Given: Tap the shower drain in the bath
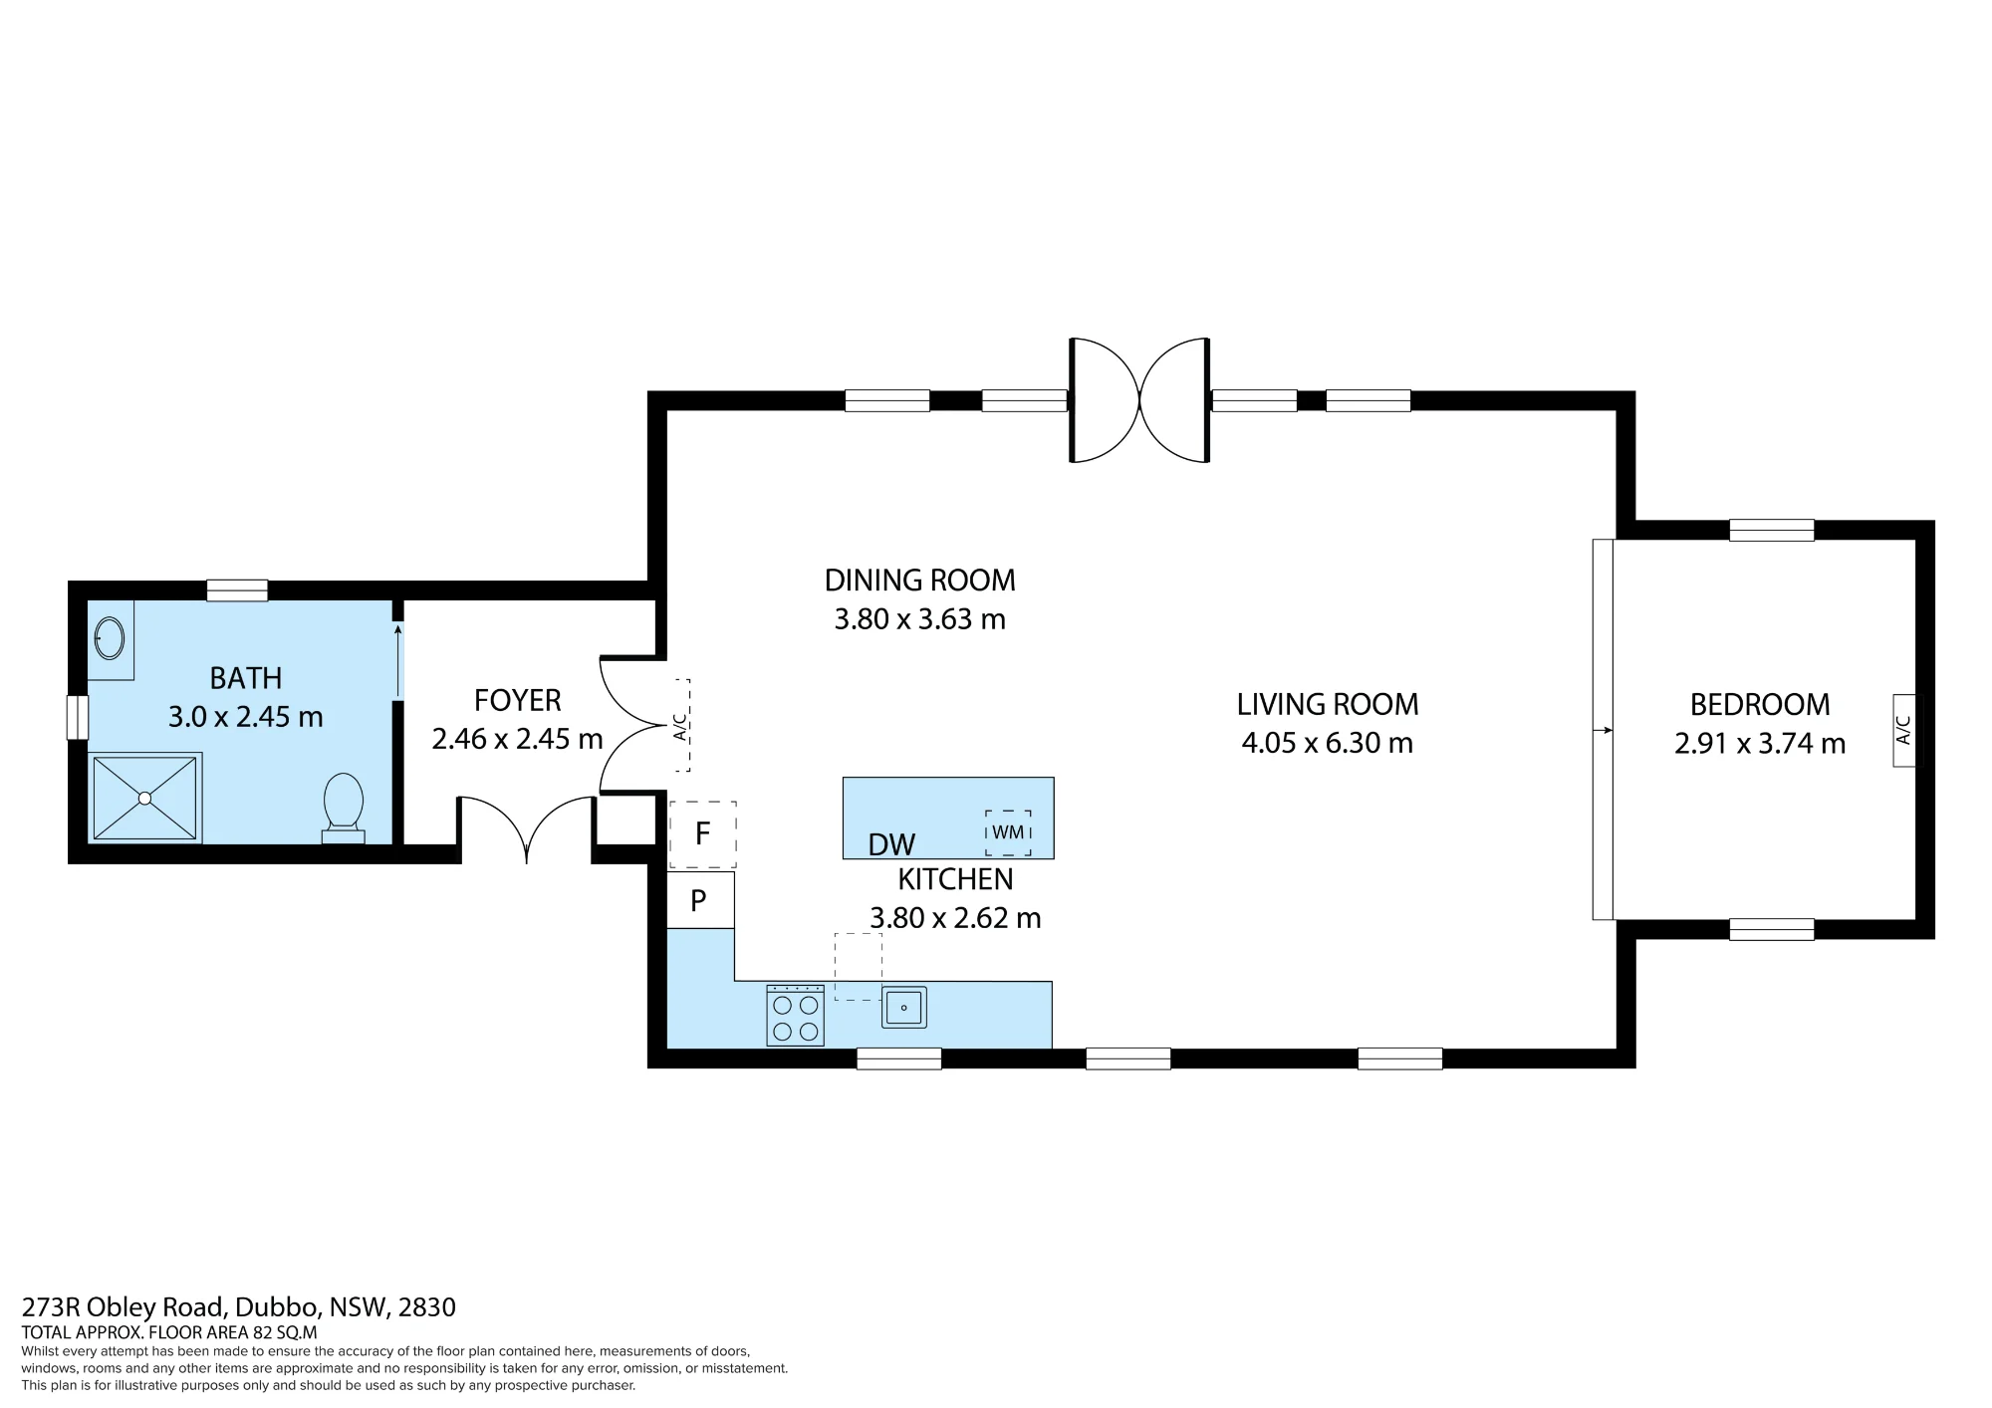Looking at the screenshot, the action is pyautogui.click(x=145, y=798).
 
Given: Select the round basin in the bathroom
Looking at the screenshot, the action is pyautogui.click(x=110, y=637).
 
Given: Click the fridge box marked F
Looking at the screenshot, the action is pyautogui.click(x=702, y=833).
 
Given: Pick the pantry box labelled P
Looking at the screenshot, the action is pyautogui.click(x=700, y=900).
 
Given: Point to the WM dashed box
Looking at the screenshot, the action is pyautogui.click(x=1008, y=832).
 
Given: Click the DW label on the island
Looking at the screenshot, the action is pyautogui.click(x=891, y=845).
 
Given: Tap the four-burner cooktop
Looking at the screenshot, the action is pyautogui.click(x=795, y=1016).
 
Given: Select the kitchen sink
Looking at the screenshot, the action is pyautogui.click(x=904, y=1008).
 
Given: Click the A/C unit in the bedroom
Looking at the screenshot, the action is pyautogui.click(x=1903, y=731).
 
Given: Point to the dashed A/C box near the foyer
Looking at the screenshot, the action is pyautogui.click(x=680, y=725).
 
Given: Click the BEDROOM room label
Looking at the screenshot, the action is pyautogui.click(x=1760, y=705).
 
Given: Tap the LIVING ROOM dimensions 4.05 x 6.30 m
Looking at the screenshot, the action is pyautogui.click(x=1327, y=744).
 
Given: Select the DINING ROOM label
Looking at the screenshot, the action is pyautogui.click(x=920, y=580).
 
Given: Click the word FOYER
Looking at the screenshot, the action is pyautogui.click(x=518, y=701).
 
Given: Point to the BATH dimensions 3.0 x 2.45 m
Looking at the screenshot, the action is pyautogui.click(x=246, y=717).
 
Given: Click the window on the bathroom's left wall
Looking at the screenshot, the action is pyautogui.click(x=77, y=717).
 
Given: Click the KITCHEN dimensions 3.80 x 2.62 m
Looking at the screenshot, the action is pyautogui.click(x=955, y=918).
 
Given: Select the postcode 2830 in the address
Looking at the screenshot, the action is pyautogui.click(x=427, y=1307).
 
